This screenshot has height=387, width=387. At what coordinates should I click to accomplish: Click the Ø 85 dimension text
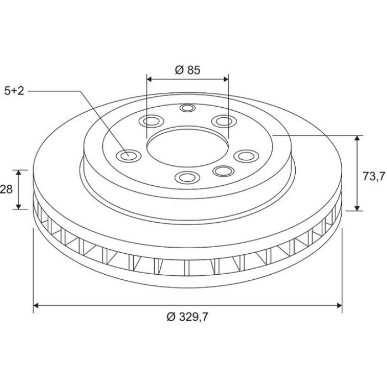point(187,70)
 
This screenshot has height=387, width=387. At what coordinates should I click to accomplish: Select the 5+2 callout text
point(14,91)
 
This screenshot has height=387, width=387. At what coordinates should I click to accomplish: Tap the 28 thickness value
point(6,189)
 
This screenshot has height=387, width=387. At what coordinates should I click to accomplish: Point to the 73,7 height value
point(374,176)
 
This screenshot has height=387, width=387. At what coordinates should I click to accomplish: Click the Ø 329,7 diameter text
point(187,317)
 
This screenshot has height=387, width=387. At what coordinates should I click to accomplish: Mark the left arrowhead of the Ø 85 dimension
point(149,79)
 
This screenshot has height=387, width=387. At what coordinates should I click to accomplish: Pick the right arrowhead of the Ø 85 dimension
point(226,79)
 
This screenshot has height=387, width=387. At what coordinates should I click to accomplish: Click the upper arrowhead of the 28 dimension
point(19,172)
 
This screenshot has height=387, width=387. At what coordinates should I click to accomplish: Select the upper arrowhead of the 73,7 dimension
point(357,138)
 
